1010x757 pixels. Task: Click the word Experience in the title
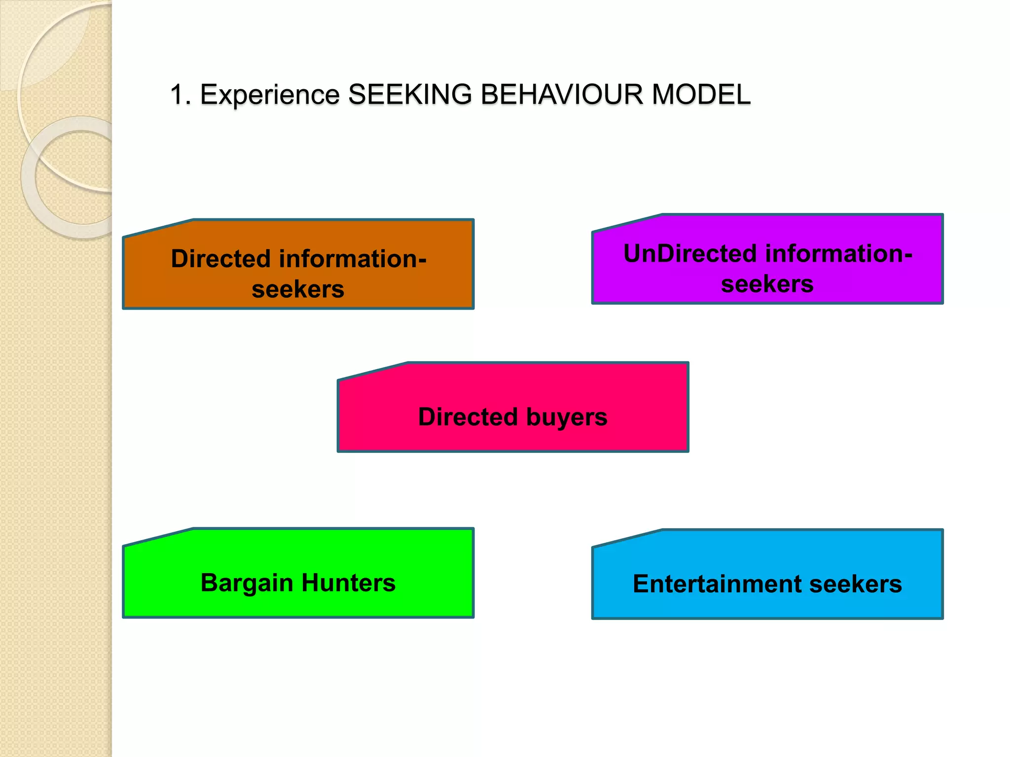point(270,95)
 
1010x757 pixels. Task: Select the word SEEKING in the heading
point(410,95)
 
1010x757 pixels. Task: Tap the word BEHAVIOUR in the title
point(562,95)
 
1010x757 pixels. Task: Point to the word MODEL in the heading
point(701,95)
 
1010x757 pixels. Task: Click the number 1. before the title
point(180,95)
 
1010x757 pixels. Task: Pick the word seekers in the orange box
point(298,289)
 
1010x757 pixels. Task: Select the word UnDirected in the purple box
point(689,254)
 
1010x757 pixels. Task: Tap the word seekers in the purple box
point(767,284)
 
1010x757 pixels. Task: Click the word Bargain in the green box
point(247,583)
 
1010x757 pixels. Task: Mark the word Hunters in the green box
point(348,583)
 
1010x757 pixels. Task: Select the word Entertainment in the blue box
point(717,584)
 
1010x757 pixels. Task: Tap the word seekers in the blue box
point(855,584)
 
